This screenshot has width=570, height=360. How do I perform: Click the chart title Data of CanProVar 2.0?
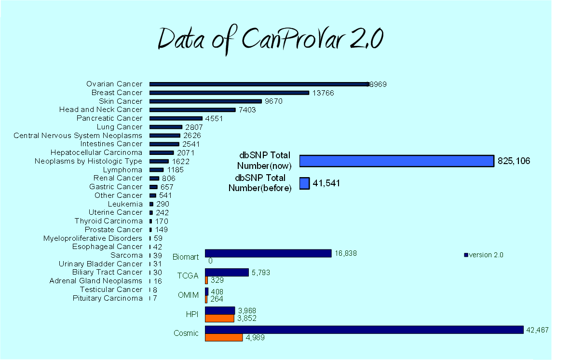[x=270, y=40]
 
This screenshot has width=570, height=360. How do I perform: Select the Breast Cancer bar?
[x=229, y=93]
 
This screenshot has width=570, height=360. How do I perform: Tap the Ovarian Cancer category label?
[x=114, y=84]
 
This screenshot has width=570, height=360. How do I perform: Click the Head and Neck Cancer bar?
[x=192, y=110]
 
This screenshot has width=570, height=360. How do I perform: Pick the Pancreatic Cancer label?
[x=109, y=118]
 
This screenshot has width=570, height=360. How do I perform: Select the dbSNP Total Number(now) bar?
[x=396, y=161]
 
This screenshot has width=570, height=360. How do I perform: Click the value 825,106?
[x=514, y=161]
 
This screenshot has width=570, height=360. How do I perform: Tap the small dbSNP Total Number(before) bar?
[x=304, y=183]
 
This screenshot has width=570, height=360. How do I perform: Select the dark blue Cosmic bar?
[x=364, y=330]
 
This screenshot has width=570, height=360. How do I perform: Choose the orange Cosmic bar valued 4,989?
[x=224, y=337]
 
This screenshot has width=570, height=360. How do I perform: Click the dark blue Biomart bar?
[x=268, y=253]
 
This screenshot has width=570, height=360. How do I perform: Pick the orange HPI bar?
[x=219, y=318]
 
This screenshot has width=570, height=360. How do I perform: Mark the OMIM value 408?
[x=217, y=291]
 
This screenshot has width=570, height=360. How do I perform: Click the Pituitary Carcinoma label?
[x=108, y=298]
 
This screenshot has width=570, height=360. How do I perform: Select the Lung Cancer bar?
[x=166, y=127]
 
